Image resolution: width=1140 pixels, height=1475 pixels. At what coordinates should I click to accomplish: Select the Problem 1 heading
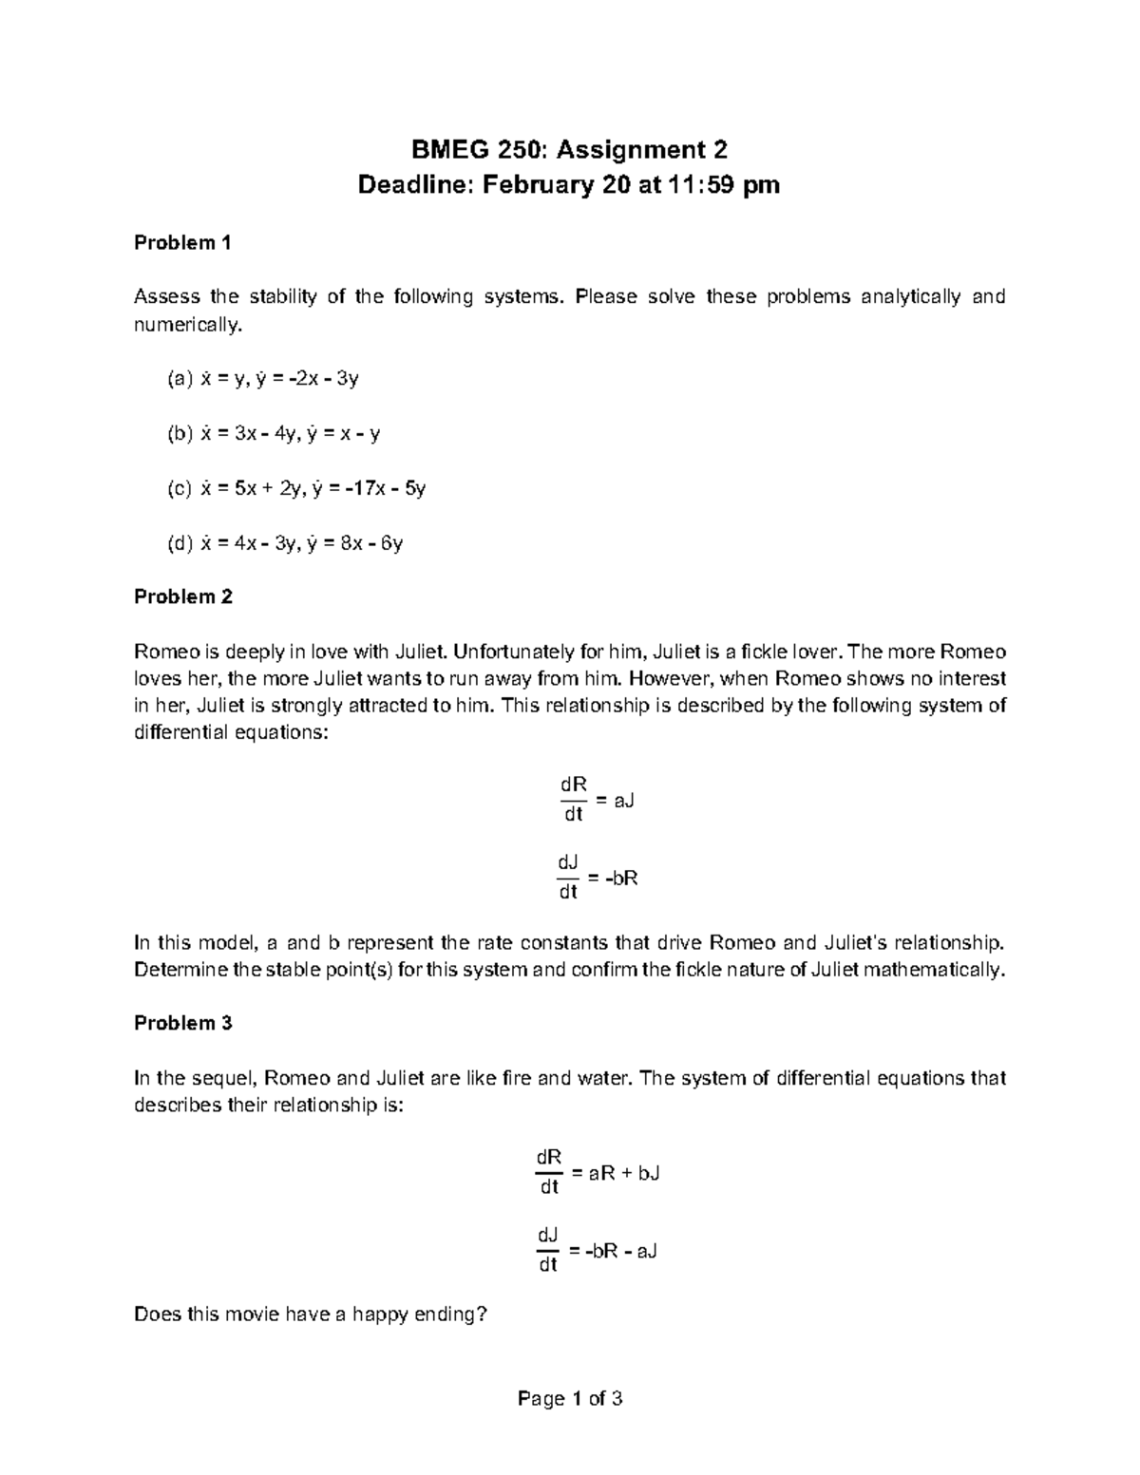point(182,242)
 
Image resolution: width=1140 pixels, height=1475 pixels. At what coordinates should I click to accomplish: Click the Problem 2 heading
point(182,596)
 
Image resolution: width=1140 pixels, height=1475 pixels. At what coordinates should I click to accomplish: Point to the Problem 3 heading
point(182,1023)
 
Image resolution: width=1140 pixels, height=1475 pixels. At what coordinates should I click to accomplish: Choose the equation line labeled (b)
point(274,434)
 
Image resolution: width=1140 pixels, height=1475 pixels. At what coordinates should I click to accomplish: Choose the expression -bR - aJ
point(622,1250)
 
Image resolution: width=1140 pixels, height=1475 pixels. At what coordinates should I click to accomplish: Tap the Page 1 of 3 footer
point(569,1398)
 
